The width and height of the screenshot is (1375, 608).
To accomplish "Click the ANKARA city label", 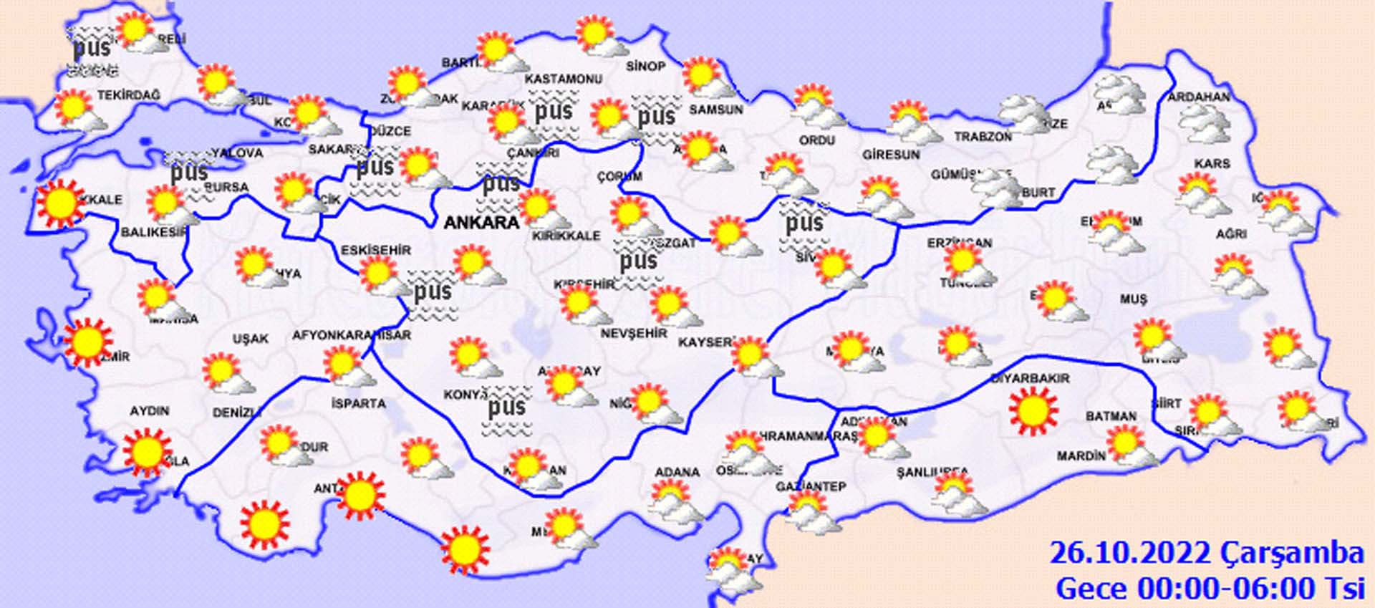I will click(481, 223).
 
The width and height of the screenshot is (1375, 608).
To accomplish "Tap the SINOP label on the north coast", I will click(645, 66).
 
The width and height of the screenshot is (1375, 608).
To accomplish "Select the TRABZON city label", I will click(983, 136).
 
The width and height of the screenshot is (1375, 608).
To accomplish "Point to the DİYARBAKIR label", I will click(1029, 378).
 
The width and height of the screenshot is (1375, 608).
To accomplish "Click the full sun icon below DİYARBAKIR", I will click(1033, 411).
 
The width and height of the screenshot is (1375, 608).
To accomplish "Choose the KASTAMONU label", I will click(564, 79).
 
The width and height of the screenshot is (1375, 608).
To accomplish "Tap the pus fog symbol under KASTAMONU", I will click(553, 111).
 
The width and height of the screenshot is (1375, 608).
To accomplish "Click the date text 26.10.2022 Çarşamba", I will click(1206, 553).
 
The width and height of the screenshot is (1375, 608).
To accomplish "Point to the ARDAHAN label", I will click(1199, 97).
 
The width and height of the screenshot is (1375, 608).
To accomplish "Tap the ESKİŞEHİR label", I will click(375, 250).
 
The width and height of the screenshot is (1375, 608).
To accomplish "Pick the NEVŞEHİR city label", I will click(633, 334).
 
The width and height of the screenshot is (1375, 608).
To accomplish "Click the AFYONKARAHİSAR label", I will click(351, 335).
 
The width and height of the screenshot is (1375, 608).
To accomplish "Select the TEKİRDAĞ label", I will click(129, 95).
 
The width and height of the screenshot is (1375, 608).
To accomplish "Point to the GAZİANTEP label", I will click(811, 487).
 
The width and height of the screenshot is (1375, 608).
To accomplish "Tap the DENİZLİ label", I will click(237, 412).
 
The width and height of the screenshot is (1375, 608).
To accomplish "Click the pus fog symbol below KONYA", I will click(506, 409).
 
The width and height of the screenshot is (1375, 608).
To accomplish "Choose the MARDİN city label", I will click(1081, 455).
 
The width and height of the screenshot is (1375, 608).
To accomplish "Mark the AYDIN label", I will click(149, 411).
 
